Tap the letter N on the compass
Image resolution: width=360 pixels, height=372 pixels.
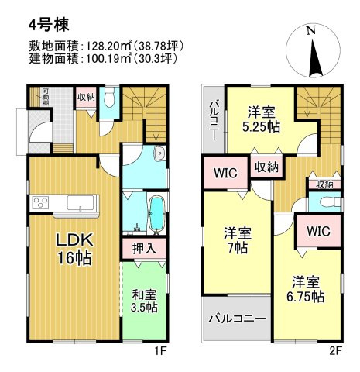coord(310,31)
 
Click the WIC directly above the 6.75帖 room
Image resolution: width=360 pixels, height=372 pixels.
coord(318,232)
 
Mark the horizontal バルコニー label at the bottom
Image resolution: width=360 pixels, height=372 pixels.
coord(237,319)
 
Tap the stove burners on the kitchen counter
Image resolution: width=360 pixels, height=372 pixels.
coord(40,204)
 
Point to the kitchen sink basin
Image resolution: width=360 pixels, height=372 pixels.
coord(80,204)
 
